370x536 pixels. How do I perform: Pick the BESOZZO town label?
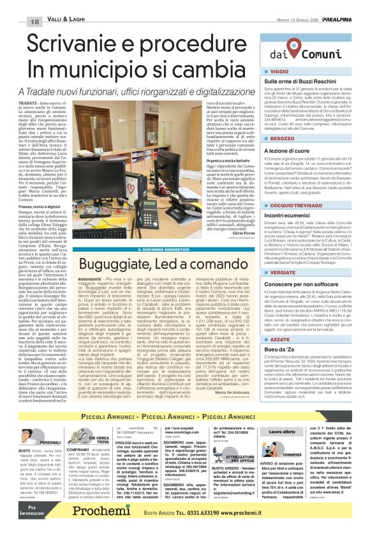click(285, 139)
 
